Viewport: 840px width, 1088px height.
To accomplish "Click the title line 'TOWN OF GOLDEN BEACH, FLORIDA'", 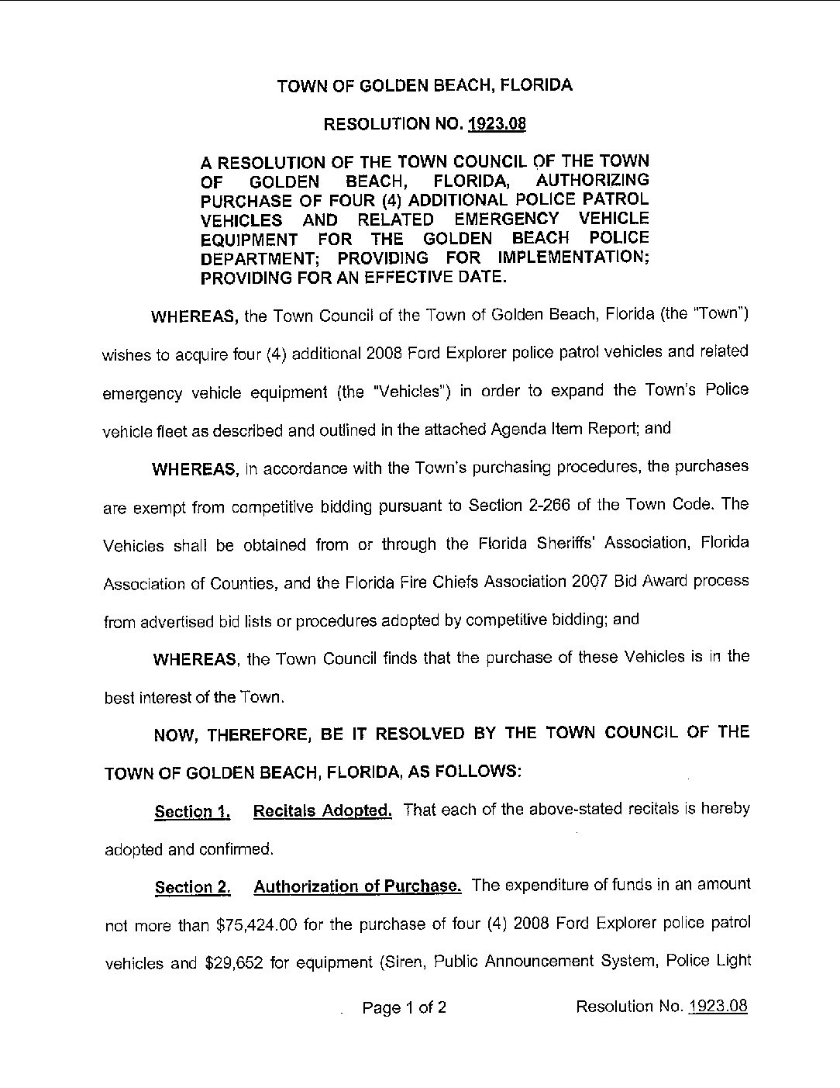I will pos(425,86).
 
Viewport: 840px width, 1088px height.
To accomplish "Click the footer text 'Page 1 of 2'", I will pos(405,1008).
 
